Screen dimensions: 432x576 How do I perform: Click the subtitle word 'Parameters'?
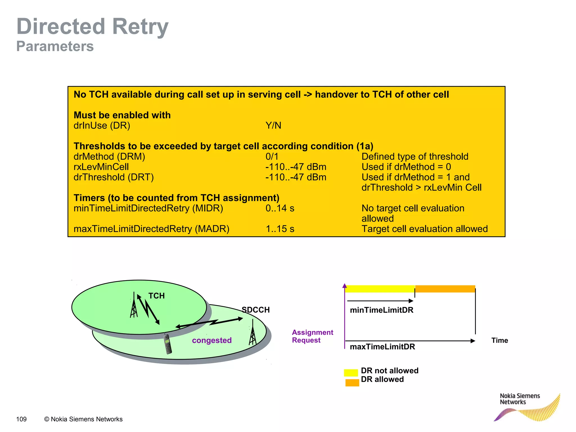click(x=55, y=46)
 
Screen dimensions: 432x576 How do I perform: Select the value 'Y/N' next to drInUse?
click(x=273, y=125)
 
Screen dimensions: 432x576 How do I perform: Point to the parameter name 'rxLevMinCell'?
click(x=101, y=167)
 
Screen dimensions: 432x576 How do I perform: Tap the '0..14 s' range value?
click(x=280, y=208)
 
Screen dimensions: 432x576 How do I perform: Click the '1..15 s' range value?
click(x=280, y=229)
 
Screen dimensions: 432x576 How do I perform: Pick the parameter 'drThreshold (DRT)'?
click(x=113, y=177)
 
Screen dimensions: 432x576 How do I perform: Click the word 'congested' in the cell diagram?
click(x=212, y=340)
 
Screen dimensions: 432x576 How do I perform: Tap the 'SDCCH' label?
click(x=256, y=310)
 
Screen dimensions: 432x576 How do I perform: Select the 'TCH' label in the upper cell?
click(x=156, y=296)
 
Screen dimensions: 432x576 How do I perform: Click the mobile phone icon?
click(x=168, y=344)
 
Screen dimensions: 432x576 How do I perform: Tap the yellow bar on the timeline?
click(x=380, y=289)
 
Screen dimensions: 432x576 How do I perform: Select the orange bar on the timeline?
click(x=445, y=289)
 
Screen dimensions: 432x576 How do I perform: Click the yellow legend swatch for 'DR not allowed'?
click(x=351, y=373)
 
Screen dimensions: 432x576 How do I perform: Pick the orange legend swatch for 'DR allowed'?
click(x=352, y=383)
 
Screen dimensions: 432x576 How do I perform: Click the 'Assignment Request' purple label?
click(x=312, y=336)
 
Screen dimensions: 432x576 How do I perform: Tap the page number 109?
click(x=21, y=419)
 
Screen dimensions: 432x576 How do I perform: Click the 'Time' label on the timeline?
click(x=499, y=341)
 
